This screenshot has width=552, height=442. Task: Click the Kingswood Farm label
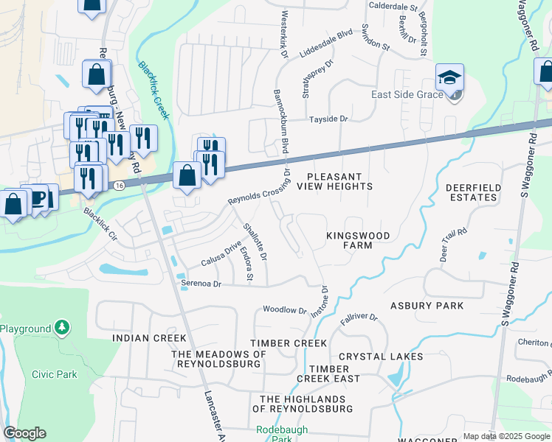click(359, 241)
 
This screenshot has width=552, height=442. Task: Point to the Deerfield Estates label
click(473, 192)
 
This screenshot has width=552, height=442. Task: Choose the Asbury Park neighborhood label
click(427, 306)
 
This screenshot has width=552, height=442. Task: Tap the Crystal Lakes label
click(381, 357)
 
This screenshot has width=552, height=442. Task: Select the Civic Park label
click(55, 374)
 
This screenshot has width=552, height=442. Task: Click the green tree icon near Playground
click(63, 327)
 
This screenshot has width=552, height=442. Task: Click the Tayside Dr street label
click(328, 119)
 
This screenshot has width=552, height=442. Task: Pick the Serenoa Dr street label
click(201, 283)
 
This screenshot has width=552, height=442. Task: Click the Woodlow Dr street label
click(284, 310)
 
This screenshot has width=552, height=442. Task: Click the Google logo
click(24, 433)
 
